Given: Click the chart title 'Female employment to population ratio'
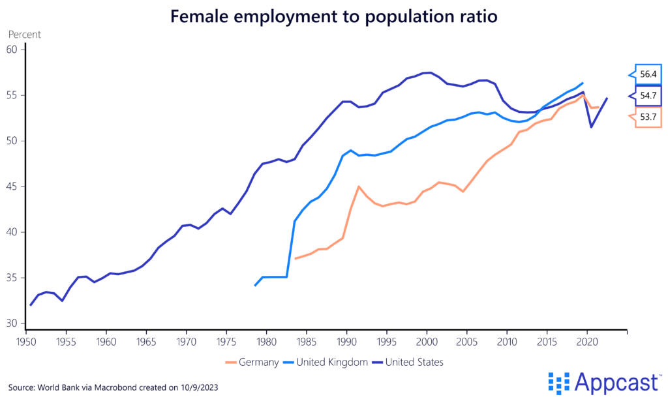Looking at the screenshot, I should pos(333,16).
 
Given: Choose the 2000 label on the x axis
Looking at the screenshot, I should pos(427,340).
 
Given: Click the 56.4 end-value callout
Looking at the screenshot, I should pos(648,74).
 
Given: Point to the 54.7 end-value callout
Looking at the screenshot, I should pos(648,95).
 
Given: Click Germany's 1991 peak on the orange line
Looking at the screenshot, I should pos(359,186).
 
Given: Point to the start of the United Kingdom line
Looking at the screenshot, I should pos(254,286).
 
